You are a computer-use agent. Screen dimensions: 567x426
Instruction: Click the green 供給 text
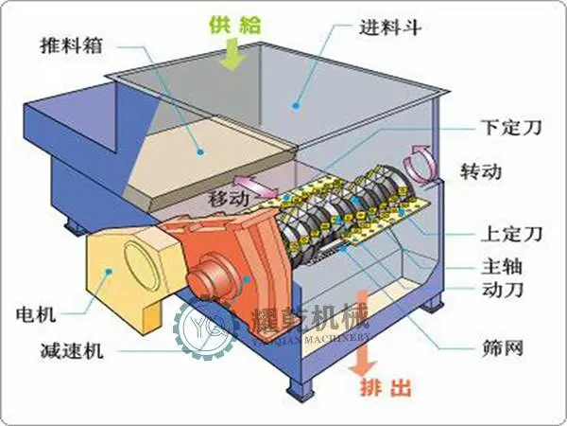[235, 25]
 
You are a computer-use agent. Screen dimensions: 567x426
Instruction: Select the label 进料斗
[390, 27]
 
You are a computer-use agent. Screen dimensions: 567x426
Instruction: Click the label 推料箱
[71, 45]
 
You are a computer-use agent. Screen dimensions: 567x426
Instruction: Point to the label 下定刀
[511, 127]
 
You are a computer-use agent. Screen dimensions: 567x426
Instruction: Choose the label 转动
[481, 171]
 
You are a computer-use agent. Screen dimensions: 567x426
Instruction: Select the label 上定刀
[511, 233]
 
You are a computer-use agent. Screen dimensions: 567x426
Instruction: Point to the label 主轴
[502, 267]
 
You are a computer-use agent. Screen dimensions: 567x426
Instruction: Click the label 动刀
[503, 289]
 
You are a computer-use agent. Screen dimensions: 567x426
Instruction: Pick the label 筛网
[503, 348]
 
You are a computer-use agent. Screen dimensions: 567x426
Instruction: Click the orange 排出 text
[386, 387]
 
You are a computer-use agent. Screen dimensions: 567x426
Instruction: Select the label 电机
[36, 313]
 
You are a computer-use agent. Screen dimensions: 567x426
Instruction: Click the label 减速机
[72, 350]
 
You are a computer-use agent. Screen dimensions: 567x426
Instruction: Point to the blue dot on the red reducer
[248, 279]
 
